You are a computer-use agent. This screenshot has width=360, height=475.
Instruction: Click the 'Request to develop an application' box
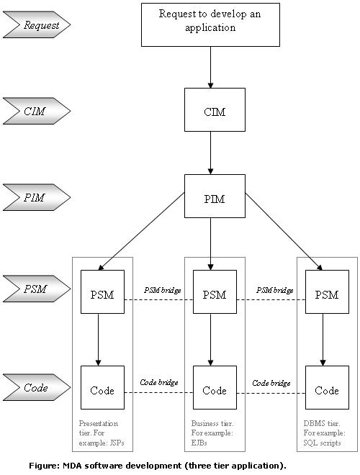point(210,25)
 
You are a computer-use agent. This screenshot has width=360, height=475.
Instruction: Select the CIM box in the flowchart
point(215,109)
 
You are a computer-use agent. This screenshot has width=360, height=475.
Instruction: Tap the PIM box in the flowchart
point(215,196)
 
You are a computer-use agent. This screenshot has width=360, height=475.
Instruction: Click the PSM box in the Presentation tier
point(102,291)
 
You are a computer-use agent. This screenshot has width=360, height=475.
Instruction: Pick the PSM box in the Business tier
point(215,291)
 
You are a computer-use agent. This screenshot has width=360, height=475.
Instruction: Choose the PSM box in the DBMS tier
point(327,291)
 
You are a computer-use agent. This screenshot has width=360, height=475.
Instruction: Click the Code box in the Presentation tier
point(102,387)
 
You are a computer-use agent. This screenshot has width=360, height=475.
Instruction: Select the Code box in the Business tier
point(215,387)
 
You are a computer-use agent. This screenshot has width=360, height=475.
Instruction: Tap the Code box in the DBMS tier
point(327,387)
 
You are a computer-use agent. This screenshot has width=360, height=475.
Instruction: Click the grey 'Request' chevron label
point(37,24)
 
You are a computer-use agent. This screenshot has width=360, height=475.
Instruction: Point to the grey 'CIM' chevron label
point(37,111)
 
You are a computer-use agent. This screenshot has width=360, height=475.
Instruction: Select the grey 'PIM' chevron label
point(37,197)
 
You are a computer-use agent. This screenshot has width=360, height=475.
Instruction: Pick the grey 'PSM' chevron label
point(37,289)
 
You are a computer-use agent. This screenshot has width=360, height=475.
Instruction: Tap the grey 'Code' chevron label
point(37,387)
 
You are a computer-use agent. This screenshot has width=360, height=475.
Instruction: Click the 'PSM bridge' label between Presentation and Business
point(163,290)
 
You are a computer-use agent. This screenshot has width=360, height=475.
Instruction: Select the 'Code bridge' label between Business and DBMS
point(271,383)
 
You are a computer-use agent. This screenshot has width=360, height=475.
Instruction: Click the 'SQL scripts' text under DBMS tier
point(322,443)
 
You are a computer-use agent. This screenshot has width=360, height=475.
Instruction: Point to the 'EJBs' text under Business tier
point(199,443)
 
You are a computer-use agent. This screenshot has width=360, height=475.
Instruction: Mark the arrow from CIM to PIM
point(211,153)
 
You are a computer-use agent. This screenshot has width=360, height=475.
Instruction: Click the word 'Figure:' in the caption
point(44,466)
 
